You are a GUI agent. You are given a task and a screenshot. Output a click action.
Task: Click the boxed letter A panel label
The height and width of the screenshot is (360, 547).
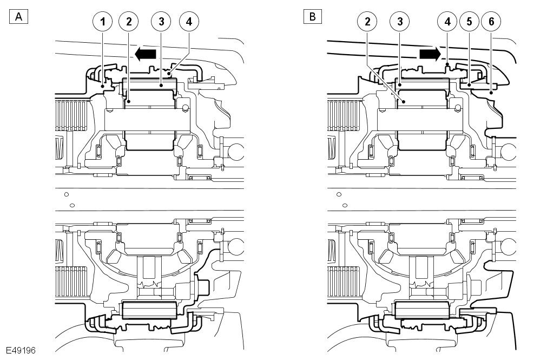tap(18, 17)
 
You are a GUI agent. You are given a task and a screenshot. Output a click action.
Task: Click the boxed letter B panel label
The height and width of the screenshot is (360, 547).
tap(312, 17)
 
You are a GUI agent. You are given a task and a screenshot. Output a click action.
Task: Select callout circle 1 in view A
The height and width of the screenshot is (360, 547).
tap(102, 22)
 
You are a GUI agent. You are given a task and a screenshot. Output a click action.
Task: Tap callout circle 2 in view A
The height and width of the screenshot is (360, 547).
tap(129, 22)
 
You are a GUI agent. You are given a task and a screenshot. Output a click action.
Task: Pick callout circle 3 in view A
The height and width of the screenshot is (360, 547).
tap(161, 22)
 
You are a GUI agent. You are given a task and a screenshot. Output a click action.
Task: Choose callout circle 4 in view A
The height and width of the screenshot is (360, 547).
tap(188, 22)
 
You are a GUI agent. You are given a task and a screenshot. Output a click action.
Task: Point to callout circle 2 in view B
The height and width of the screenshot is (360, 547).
tap(367, 22)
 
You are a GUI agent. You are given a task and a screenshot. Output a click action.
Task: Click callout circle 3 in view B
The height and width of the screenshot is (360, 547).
tap(400, 22)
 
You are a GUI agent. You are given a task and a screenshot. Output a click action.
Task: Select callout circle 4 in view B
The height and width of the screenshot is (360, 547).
tap(447, 22)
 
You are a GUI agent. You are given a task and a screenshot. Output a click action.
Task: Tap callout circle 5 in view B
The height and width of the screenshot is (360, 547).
tap(469, 22)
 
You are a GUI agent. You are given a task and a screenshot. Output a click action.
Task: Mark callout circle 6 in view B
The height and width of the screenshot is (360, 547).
tap(491, 22)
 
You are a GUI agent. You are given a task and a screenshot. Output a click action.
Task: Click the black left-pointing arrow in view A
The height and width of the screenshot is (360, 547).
tap(145, 54)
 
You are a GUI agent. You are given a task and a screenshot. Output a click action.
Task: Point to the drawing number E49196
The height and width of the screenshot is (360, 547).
tap(21, 350)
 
